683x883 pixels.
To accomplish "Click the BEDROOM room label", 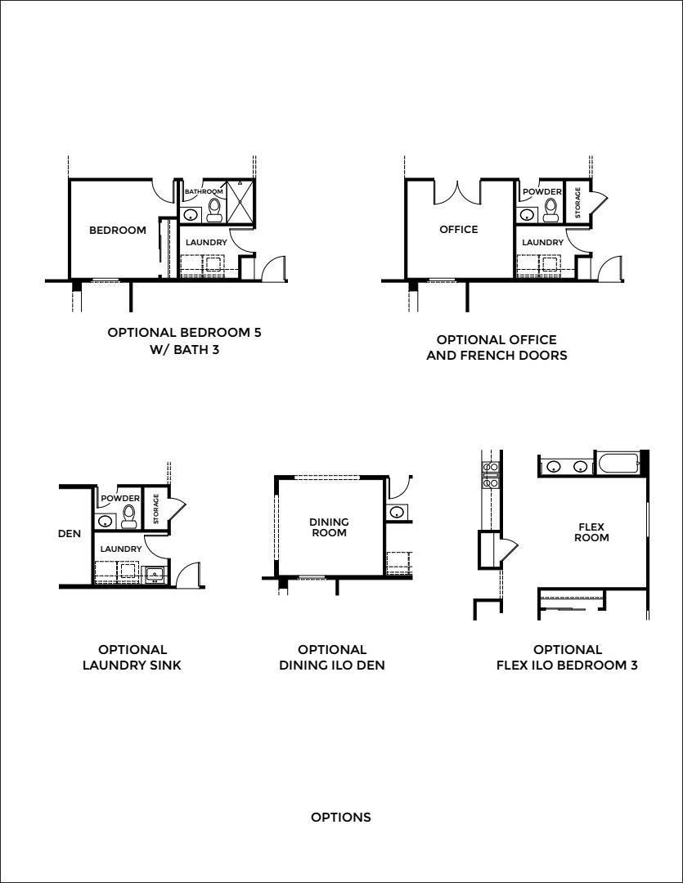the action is tap(117, 230).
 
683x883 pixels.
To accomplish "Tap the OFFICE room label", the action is tap(459, 229).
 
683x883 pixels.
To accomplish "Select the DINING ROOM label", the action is tap(329, 527).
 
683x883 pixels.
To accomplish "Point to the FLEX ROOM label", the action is tap(591, 532).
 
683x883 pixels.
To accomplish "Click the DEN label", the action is tap(70, 533).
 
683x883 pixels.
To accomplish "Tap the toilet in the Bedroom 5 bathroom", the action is tap(214, 209).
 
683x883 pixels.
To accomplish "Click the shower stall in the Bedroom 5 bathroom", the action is tap(240, 201).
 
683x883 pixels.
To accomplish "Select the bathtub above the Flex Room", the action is tap(618, 464).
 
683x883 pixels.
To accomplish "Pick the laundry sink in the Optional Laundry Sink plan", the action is tap(154, 575).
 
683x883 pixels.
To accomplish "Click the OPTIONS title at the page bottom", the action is tap(341, 817).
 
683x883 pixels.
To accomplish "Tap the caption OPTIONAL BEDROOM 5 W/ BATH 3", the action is tap(184, 341).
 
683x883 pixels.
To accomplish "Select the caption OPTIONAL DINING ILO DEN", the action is tap(332, 657).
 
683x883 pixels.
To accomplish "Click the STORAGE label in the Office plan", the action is tap(577, 203).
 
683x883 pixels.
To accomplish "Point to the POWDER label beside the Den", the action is tap(120, 499).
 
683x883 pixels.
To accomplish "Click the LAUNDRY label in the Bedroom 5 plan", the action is tap(206, 242).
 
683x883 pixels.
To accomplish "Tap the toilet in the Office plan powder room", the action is tap(550, 210).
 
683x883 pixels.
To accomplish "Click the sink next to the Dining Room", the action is tap(397, 512).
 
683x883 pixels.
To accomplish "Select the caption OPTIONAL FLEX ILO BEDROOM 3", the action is tap(567, 657).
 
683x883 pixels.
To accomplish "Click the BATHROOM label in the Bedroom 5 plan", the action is tap(204, 191).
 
